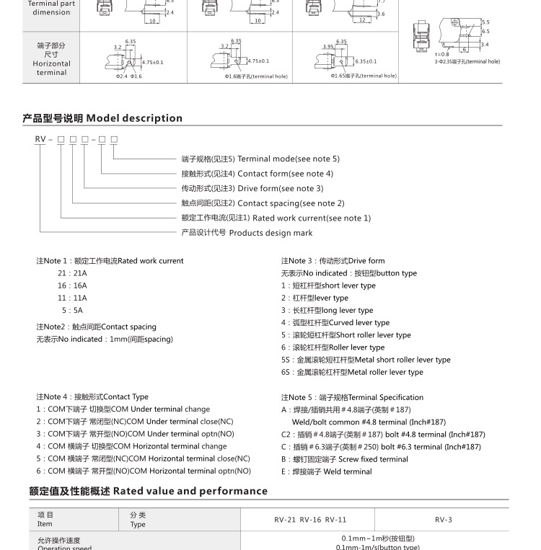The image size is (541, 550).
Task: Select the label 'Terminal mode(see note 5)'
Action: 288,159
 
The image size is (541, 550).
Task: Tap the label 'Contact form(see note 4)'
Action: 285,174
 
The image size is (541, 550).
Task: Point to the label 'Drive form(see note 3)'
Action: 280,188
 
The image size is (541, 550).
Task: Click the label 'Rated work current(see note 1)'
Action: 311,218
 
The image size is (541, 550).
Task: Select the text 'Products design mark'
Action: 270,233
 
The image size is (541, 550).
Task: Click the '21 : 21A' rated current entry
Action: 72,273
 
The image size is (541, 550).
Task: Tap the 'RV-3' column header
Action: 443,520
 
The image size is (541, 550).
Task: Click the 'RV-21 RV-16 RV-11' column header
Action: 310,520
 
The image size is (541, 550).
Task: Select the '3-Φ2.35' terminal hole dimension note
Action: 467,62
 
